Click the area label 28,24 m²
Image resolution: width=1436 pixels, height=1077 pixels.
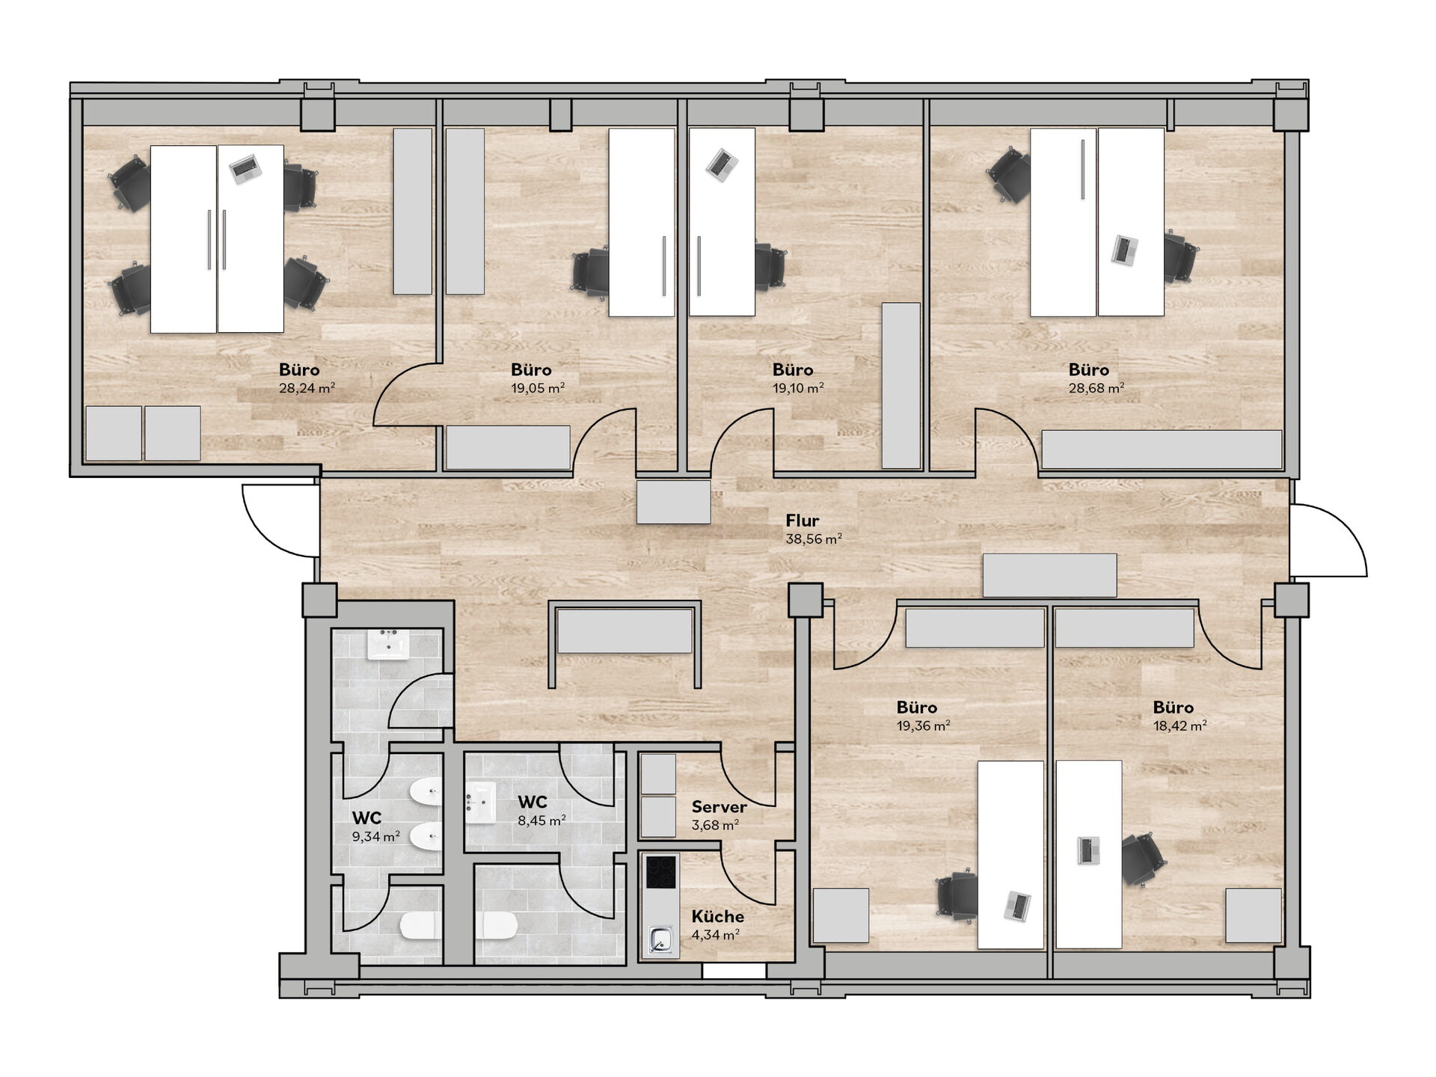pyautogui.click(x=307, y=388)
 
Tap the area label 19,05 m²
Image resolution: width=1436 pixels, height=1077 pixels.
pyautogui.click(x=538, y=388)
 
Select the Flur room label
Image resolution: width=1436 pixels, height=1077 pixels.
pyautogui.click(x=803, y=521)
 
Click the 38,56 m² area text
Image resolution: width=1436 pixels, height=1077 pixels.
pyautogui.click(x=814, y=538)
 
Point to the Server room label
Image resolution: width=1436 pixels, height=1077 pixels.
pyautogui.click(x=719, y=807)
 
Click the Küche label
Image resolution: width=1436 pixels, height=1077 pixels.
pyautogui.click(x=718, y=916)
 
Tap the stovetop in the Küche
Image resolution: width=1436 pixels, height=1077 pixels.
pyautogui.click(x=661, y=872)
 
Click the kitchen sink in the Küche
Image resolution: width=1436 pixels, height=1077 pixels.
pyautogui.click(x=660, y=939)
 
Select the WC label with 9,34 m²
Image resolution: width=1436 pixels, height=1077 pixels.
pyautogui.click(x=367, y=818)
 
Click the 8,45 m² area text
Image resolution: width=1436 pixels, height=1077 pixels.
pyautogui.click(x=541, y=820)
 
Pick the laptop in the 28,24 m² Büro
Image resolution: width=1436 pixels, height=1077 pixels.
pyautogui.click(x=245, y=169)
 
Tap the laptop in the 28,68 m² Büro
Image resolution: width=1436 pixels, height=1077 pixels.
pyautogui.click(x=1124, y=250)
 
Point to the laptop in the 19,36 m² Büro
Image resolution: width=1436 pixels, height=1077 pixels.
pyautogui.click(x=1017, y=906)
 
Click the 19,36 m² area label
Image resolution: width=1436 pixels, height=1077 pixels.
pyautogui.click(x=924, y=725)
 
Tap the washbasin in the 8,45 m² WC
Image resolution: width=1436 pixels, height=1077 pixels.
pyautogui.click(x=480, y=803)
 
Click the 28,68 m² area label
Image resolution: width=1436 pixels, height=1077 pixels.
pyautogui.click(x=1096, y=388)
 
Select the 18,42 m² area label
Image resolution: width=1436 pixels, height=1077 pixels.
pyautogui.click(x=1180, y=725)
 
